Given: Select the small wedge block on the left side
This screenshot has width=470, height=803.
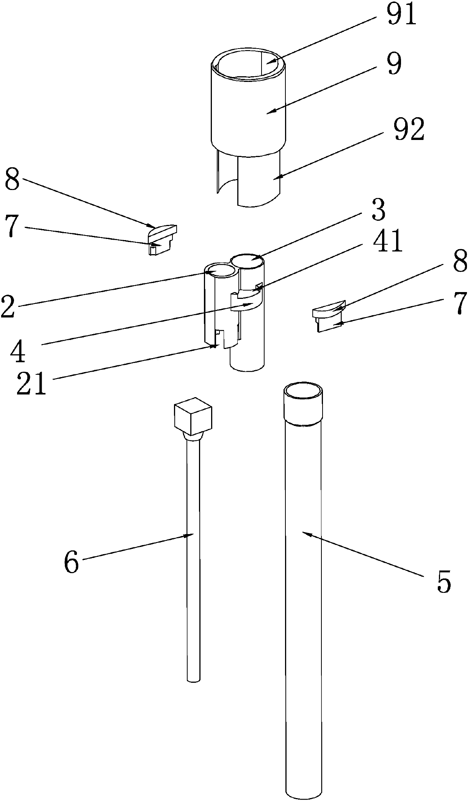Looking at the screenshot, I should tap(162, 239).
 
